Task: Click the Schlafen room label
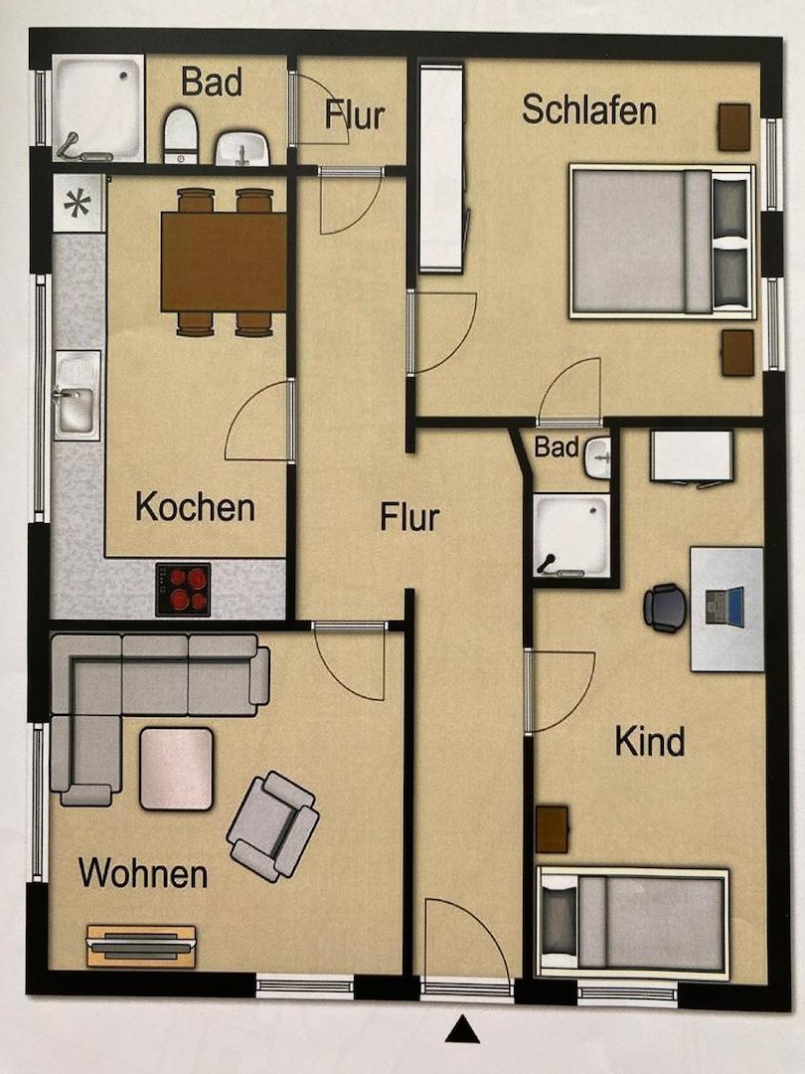pyautogui.click(x=588, y=110)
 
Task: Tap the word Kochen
pyautogui.click(x=195, y=507)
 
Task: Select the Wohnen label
pyautogui.click(x=143, y=874)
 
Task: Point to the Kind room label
pyautogui.click(x=650, y=741)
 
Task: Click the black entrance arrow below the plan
pyautogui.click(x=462, y=1030)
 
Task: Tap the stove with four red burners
pyautogui.click(x=183, y=589)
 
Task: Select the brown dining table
pyautogui.click(x=224, y=263)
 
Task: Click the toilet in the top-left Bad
pyautogui.click(x=180, y=136)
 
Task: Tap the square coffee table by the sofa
pyautogui.click(x=176, y=768)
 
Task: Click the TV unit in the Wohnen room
pyautogui.click(x=140, y=946)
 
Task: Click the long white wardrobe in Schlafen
pyautogui.click(x=441, y=167)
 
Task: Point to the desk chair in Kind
pyautogui.click(x=664, y=608)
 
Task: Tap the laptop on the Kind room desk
pyautogui.click(x=724, y=607)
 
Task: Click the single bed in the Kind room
pyautogui.click(x=633, y=923)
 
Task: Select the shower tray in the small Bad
pyautogui.click(x=570, y=536)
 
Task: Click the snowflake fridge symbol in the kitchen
pyautogui.click(x=78, y=203)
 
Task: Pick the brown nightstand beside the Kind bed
pyautogui.click(x=552, y=829)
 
